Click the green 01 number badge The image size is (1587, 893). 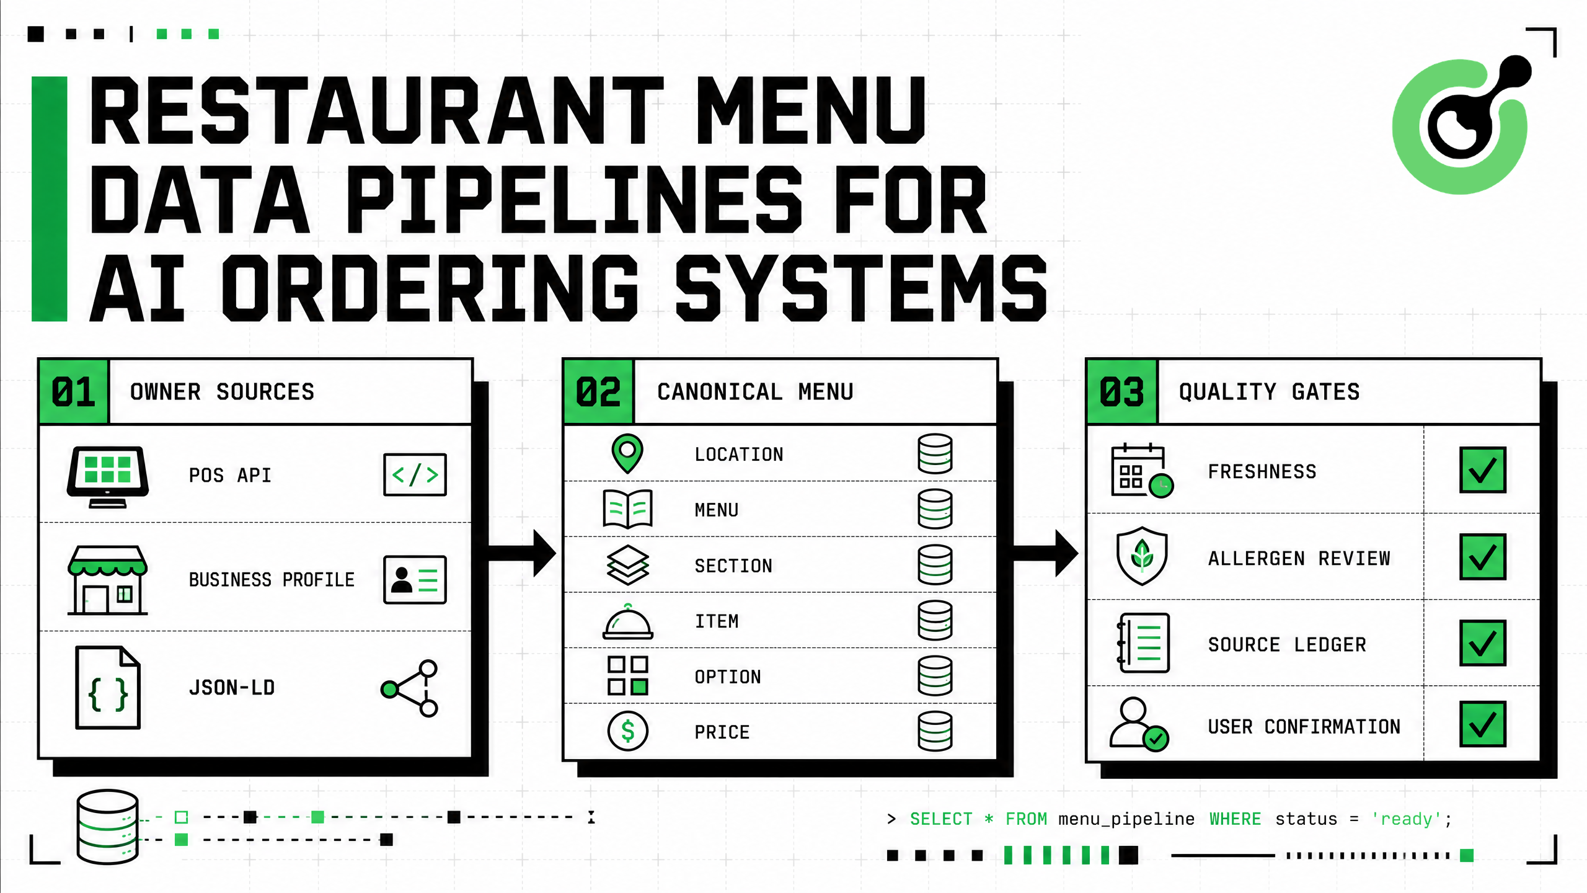tap(74, 392)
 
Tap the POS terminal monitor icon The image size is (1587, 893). tap(108, 476)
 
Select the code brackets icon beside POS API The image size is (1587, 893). tap(415, 474)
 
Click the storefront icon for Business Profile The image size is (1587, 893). tap(108, 580)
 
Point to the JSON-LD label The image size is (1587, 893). tap(232, 688)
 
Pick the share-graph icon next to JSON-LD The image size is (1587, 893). tap(410, 688)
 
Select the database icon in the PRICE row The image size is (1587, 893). tap(935, 731)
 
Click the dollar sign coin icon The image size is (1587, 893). tap(628, 731)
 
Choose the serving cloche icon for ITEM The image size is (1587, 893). tap(628, 621)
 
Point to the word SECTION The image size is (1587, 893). tap(733, 566)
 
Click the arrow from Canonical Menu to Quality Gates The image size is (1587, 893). tap(1046, 553)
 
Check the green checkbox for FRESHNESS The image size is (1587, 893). tap(1482, 470)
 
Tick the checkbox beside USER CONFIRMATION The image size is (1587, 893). tap(1482, 724)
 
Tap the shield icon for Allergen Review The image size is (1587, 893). tap(1142, 556)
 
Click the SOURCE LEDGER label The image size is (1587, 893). tap(1287, 645)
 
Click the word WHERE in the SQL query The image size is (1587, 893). tap(1235, 819)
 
